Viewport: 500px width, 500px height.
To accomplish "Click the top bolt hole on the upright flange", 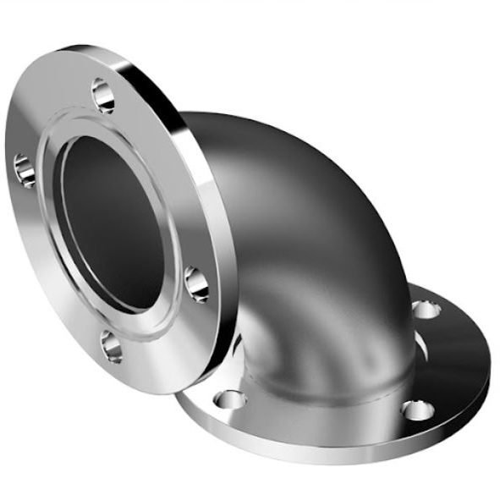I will [x=103, y=95].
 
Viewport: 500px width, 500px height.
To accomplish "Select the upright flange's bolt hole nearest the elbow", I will [x=196, y=283].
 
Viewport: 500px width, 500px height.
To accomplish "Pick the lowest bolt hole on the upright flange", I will [x=111, y=345].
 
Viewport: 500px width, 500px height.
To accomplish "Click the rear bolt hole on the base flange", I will [x=426, y=309].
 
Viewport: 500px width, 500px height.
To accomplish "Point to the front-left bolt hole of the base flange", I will [x=229, y=398].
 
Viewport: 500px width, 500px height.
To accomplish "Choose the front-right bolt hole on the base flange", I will [x=417, y=409].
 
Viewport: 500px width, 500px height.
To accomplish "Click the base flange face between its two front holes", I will [x=321, y=423].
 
